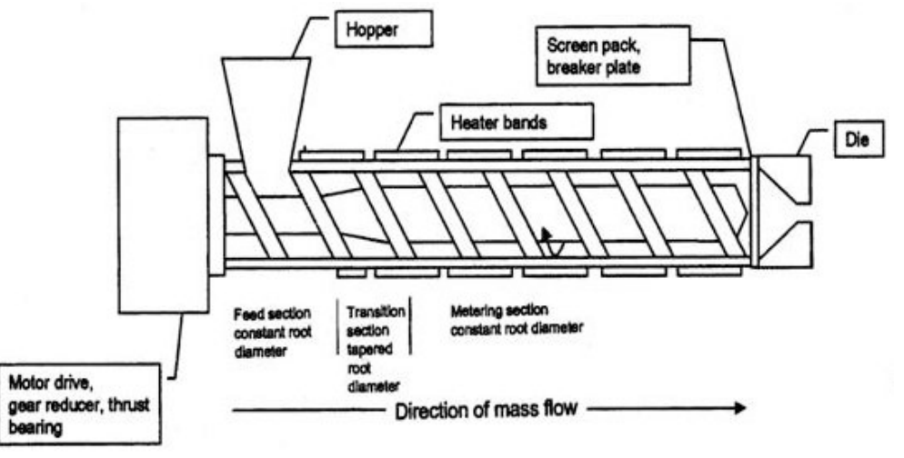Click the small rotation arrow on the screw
point(548,242)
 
